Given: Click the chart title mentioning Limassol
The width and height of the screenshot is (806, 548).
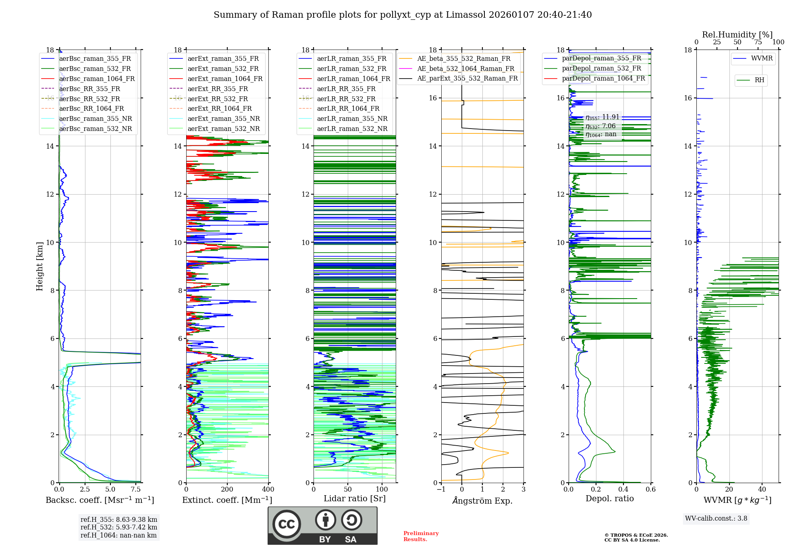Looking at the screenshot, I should click(403, 15).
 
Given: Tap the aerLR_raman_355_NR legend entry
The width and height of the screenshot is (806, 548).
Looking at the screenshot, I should click(352, 118).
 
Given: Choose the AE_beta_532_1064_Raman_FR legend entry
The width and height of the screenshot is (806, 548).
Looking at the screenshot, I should click(465, 68).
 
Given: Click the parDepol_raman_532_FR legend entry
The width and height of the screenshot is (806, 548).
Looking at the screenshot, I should click(601, 68).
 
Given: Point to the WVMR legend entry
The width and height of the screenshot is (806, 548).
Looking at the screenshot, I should click(762, 58).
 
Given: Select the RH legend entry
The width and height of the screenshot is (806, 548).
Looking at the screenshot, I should click(759, 80).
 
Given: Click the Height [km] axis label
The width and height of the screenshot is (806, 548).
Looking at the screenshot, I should click(39, 266).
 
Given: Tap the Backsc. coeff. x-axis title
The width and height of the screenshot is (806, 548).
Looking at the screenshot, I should click(100, 500).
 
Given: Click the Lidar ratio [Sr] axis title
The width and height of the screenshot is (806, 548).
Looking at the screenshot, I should click(355, 498).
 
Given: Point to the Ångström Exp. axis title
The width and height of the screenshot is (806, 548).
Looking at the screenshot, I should click(482, 500).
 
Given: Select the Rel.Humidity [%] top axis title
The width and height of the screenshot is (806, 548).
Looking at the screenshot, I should click(737, 35).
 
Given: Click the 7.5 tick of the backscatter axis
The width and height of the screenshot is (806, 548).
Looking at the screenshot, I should click(136, 490).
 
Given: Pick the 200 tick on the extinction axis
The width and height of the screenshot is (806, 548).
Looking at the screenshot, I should click(227, 490).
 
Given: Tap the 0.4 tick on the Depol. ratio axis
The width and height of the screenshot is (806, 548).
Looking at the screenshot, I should click(623, 490).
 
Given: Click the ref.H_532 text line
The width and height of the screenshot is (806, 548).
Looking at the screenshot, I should click(118, 527).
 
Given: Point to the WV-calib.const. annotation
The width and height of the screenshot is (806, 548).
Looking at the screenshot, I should click(716, 519).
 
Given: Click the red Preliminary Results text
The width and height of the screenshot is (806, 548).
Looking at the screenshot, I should click(421, 536).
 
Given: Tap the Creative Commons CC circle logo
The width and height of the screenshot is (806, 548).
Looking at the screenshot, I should click(287, 524).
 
